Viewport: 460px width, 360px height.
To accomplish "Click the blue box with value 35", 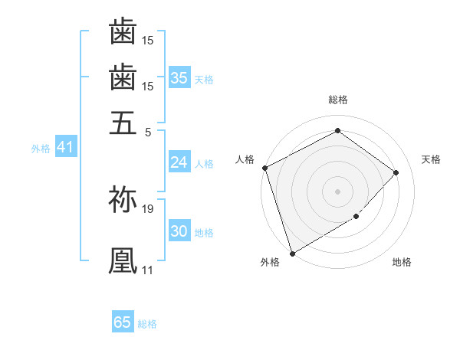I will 179,77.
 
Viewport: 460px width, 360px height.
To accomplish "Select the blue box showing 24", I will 179,162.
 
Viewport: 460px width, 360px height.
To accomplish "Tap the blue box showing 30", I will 179,231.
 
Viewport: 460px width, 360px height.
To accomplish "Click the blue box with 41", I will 64,147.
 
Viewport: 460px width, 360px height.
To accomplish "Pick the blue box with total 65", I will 123,322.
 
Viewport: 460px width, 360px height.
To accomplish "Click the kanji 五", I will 123,123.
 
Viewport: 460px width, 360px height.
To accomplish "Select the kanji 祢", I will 123,198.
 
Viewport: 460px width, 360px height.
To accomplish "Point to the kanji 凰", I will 123,260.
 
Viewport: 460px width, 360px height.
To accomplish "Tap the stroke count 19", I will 148,208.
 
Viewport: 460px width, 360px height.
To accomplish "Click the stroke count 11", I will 147,270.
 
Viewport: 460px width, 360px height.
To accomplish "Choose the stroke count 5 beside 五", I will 148,131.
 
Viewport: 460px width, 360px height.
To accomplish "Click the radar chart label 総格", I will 337,100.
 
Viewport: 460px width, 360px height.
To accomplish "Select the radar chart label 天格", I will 431,159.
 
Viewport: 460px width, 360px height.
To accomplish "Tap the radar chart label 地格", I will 402,262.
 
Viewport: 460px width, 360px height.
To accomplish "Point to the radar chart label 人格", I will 245,159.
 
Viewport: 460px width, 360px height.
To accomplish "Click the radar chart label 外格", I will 270,262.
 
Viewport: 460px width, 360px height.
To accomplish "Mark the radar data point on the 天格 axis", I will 396,172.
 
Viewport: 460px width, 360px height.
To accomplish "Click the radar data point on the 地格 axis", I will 356,218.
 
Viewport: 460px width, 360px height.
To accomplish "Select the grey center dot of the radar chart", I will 337,191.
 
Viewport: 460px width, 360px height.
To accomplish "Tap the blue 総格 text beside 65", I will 147,323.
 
